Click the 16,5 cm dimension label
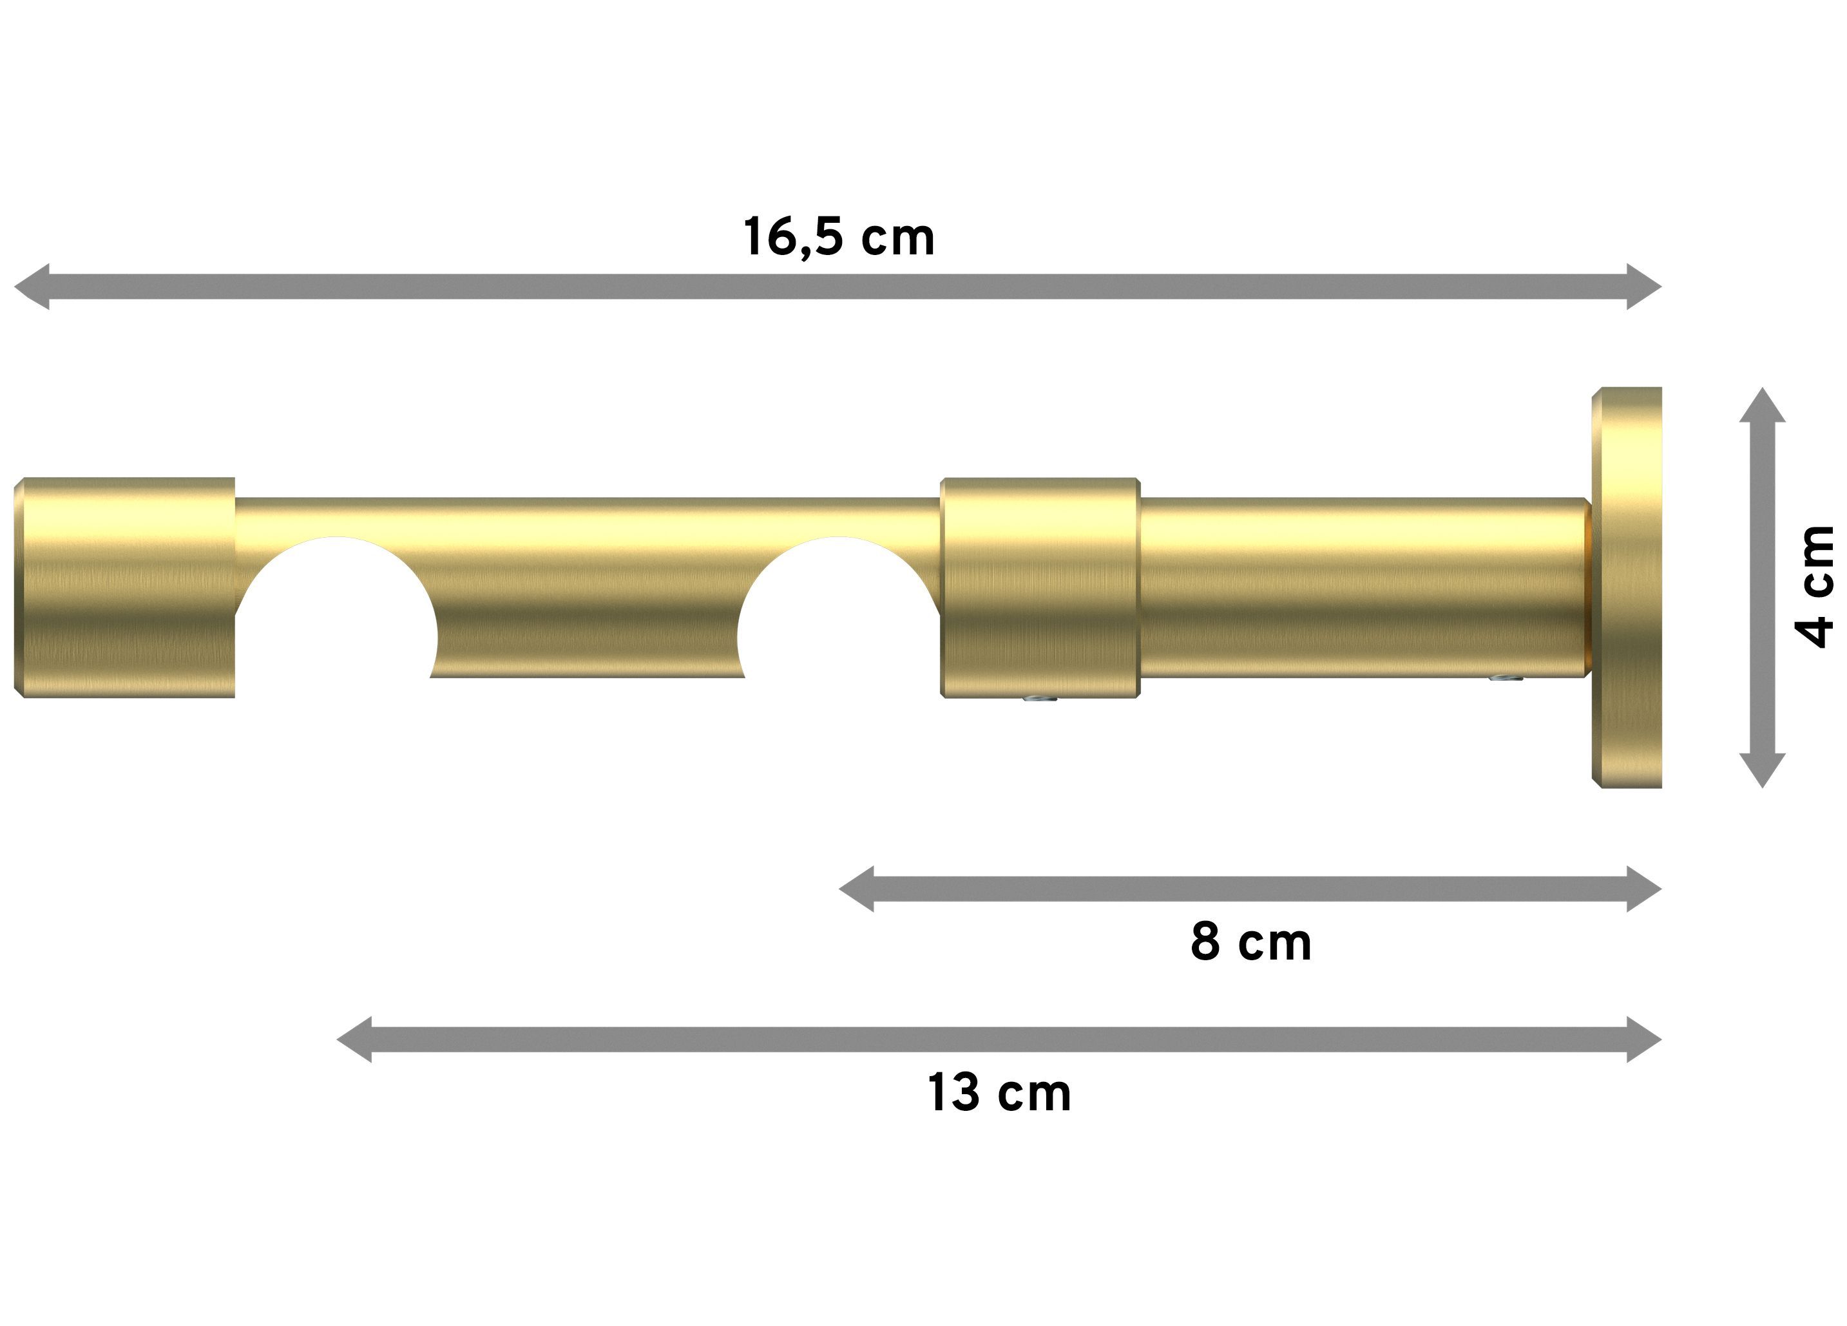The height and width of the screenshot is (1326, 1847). click(839, 237)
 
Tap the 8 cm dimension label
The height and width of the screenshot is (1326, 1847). click(1251, 942)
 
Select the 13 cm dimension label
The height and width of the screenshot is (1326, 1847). click(999, 1092)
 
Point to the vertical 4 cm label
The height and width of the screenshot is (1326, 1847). click(1816, 587)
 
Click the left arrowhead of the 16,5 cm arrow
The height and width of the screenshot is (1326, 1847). click(31, 287)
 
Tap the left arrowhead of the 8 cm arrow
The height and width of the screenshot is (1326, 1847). click(856, 889)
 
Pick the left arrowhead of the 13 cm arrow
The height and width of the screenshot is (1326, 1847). click(354, 1039)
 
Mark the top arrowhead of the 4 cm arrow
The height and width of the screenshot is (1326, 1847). click(1763, 404)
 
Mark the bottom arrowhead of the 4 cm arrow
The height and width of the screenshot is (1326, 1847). click(1763, 771)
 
